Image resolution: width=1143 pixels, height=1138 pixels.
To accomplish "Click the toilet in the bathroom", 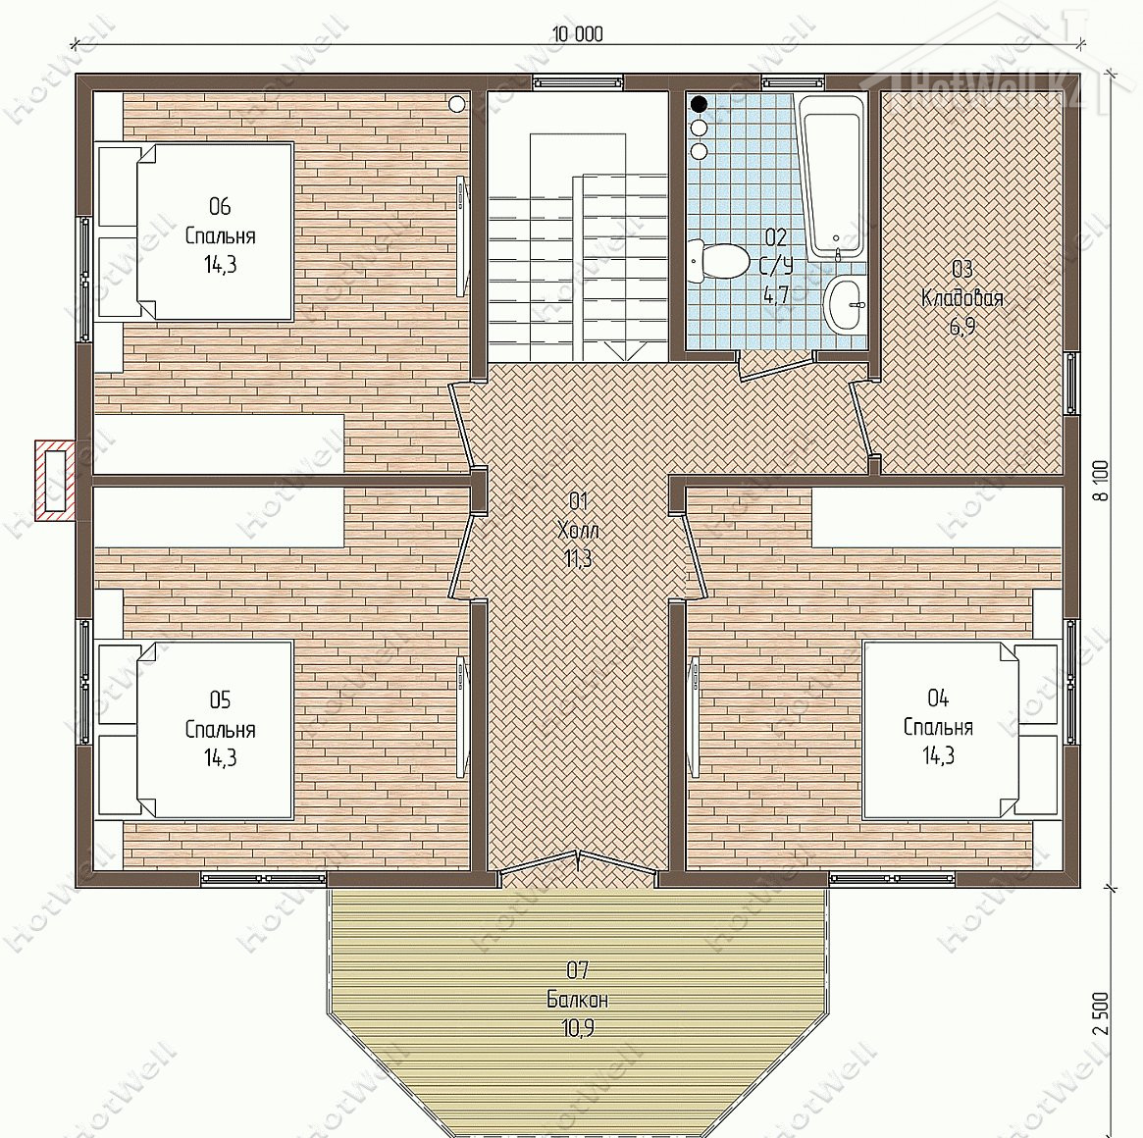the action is tap(717, 261).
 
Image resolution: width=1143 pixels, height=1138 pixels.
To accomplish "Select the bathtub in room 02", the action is tap(832, 178).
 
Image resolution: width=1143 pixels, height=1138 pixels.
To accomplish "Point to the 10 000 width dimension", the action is tap(577, 33).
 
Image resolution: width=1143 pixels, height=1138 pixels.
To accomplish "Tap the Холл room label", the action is tap(577, 530).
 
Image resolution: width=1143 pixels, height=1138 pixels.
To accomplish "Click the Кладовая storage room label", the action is tap(962, 297).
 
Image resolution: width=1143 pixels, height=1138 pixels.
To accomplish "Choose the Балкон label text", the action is tap(577, 999).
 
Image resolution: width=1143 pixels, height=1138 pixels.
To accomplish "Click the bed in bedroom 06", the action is tap(196, 232).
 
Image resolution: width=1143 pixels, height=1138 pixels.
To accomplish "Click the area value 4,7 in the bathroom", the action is tap(776, 294).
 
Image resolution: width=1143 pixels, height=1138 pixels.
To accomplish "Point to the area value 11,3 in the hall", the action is tap(577, 558).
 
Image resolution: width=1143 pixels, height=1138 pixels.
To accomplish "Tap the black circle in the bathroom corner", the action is tap(699, 104).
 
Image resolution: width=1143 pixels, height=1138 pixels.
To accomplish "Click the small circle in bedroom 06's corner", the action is tap(456, 104).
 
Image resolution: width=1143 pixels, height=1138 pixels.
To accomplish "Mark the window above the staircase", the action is tap(577, 81).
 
